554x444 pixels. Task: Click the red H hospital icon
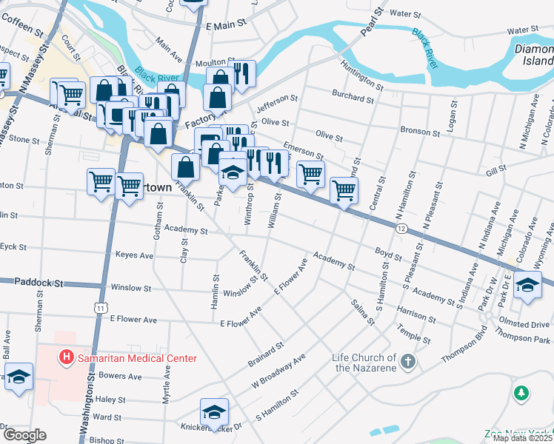[67, 358]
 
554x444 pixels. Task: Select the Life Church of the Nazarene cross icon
[407, 362]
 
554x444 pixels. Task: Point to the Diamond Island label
[533, 56]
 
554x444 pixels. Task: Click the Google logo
[24, 435]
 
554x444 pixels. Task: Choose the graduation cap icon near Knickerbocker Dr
[214, 411]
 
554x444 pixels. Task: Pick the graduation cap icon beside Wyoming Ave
[527, 285]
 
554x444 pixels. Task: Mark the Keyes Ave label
[134, 255]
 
